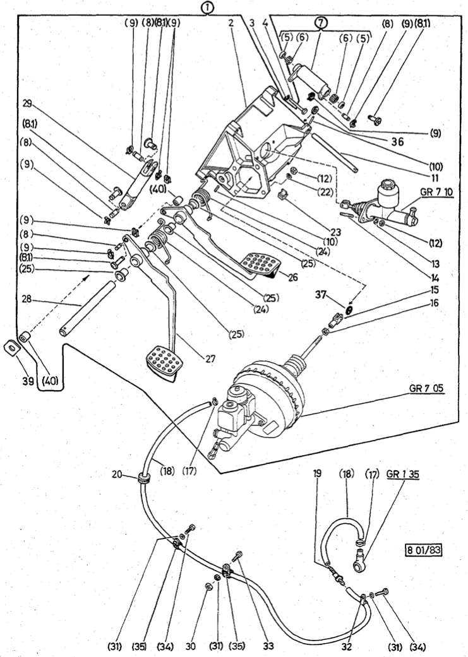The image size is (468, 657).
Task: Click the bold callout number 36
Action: pyautogui.click(x=397, y=143)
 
